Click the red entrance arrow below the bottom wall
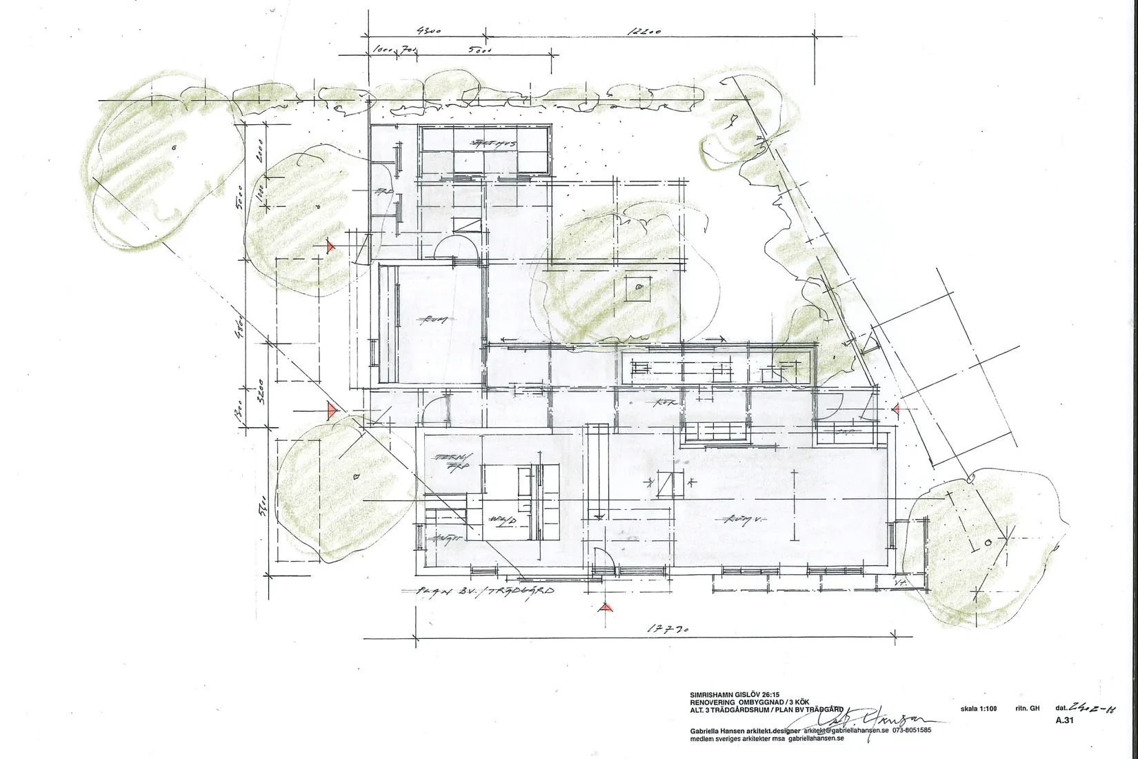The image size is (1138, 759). (x=605, y=607)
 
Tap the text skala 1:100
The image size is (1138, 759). (x=979, y=708)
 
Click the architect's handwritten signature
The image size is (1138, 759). (x=883, y=718)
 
